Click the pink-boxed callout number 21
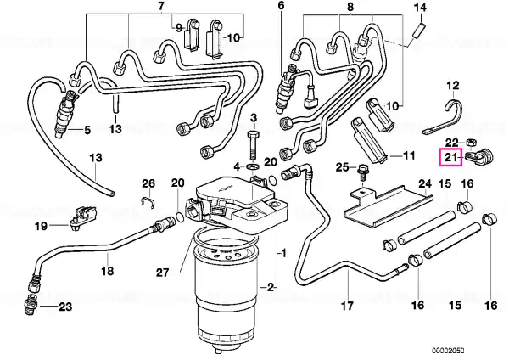pos(450,158)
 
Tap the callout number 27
pos(162,273)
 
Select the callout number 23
pos(65,307)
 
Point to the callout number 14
pos(421,7)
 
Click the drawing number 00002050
pos(448,351)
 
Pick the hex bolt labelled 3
pos(254,145)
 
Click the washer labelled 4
pos(252,166)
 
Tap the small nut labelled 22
pos(470,142)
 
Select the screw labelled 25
pos(362,172)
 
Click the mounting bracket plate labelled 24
pos(388,207)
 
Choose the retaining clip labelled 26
pos(147,202)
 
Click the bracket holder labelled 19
pos(82,217)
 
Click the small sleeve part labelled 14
pos(417,30)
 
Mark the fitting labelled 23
pos(30,305)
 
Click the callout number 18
pos(108,270)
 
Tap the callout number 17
pos(347,306)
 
